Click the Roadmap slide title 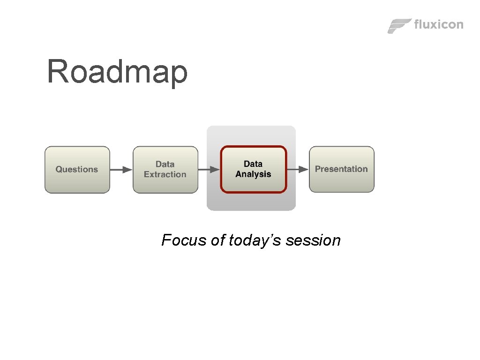click(117, 72)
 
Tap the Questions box click(77, 169)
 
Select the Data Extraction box click(165, 169)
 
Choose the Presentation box click(341, 169)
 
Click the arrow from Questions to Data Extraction click(121, 170)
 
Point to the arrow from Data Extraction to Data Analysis click(209, 169)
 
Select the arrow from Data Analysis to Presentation click(298, 169)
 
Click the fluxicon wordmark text click(439, 24)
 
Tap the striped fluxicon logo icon click(399, 26)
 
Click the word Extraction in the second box click(165, 174)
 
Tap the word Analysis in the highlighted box click(253, 174)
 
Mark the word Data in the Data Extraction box click(165, 164)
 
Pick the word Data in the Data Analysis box click(253, 164)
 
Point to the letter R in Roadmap click(57, 72)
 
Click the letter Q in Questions click(59, 169)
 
